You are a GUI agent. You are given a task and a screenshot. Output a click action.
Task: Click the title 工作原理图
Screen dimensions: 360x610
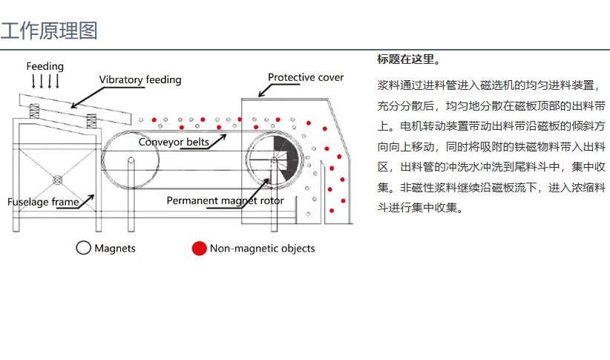click(x=49, y=31)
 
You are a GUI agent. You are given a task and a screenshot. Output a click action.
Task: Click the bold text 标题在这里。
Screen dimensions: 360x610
click(x=408, y=59)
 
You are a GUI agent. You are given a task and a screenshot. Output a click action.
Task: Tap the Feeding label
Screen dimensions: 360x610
click(x=45, y=67)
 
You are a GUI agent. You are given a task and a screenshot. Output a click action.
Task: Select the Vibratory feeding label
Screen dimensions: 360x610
click(x=140, y=79)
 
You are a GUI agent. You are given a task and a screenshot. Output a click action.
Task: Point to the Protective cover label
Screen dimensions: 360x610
click(x=306, y=77)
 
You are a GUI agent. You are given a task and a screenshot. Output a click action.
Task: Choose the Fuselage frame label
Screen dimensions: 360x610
click(x=43, y=201)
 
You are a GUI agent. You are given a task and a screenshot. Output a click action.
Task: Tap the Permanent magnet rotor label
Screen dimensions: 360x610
click(x=225, y=200)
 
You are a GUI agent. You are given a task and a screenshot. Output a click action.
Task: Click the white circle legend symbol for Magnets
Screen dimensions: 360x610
click(x=83, y=248)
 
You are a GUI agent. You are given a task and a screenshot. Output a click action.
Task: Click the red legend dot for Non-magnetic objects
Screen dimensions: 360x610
click(x=198, y=248)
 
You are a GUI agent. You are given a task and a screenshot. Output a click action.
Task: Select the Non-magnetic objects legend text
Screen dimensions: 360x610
click(x=262, y=248)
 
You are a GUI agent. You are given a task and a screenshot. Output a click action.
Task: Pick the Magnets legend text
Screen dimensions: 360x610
click(x=115, y=248)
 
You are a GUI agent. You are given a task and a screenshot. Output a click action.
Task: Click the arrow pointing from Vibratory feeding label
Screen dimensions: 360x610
click(x=87, y=94)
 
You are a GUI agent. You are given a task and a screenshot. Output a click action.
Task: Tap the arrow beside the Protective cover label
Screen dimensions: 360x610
click(x=263, y=91)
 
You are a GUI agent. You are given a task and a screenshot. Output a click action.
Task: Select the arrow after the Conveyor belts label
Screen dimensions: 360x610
click(x=220, y=136)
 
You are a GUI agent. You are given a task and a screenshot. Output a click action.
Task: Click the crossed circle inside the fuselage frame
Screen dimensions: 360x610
click(x=57, y=179)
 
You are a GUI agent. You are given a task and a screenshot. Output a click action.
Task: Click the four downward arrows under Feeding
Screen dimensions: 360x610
click(x=45, y=81)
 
